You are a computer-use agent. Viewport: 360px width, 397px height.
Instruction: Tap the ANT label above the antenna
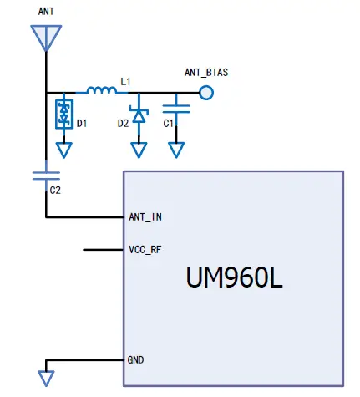[x=46, y=12]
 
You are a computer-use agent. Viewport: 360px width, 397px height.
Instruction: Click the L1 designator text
[x=125, y=81]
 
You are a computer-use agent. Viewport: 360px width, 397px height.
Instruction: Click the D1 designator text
[x=82, y=124]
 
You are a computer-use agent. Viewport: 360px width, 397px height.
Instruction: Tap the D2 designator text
[x=123, y=124]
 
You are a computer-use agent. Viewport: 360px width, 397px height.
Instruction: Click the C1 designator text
[x=169, y=124]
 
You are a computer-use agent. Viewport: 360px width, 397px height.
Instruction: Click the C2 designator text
[x=55, y=191]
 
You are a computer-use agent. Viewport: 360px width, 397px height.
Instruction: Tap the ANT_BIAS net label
[x=206, y=73]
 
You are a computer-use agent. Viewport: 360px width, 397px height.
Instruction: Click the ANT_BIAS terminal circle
[x=206, y=92]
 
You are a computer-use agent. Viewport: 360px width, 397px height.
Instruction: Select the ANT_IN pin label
[x=145, y=217]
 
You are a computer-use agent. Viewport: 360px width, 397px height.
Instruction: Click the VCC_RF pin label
[x=145, y=249]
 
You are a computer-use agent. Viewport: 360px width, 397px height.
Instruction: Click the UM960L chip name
[x=235, y=278]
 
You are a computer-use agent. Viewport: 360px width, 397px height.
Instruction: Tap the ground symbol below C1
[x=175, y=150]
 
